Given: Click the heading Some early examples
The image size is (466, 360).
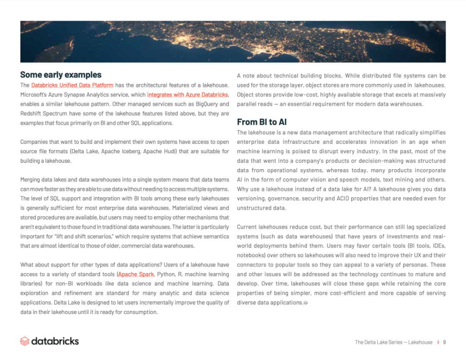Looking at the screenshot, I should [x=61, y=75].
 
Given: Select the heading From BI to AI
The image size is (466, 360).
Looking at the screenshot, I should [x=262, y=122].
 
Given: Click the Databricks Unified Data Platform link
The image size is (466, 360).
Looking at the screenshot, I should [x=72, y=85].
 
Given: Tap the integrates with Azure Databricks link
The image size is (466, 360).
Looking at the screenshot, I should [x=187, y=95].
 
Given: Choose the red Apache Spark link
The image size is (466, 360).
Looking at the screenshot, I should [x=136, y=275].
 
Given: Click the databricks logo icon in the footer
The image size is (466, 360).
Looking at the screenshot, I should [x=25, y=341].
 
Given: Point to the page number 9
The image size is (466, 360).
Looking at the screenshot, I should [x=444, y=342].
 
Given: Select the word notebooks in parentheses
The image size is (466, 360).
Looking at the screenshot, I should [x=250, y=256].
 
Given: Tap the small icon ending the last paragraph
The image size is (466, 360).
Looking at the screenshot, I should [x=306, y=303].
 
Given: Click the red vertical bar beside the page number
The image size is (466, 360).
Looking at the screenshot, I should [x=438, y=342].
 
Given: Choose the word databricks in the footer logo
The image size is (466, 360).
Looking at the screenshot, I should [x=55, y=341].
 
